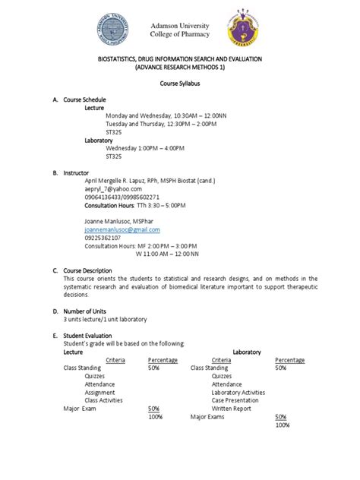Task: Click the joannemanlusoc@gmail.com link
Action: tap(122, 229)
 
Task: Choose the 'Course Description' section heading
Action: tap(89, 270)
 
